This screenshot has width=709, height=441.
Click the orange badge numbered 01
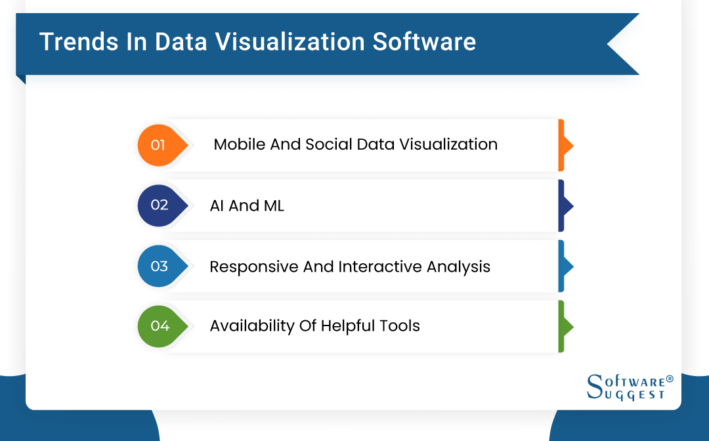tap(160, 145)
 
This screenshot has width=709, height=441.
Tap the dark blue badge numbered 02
tap(160, 205)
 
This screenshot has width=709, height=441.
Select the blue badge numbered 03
tap(160, 266)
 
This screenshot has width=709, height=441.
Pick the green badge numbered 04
tap(160, 326)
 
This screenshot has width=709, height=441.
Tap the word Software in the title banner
tap(424, 42)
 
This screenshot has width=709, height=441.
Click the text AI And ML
tap(247, 205)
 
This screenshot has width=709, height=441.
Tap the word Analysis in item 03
tap(458, 267)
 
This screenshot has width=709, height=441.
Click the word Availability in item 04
tap(251, 326)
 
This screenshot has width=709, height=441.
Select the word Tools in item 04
tap(398, 325)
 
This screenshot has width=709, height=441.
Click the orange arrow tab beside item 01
tap(564, 145)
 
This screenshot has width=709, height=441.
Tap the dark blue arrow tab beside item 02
tap(564, 205)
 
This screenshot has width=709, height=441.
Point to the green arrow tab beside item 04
tap(564, 326)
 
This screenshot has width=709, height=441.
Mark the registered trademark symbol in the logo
tap(670, 379)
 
